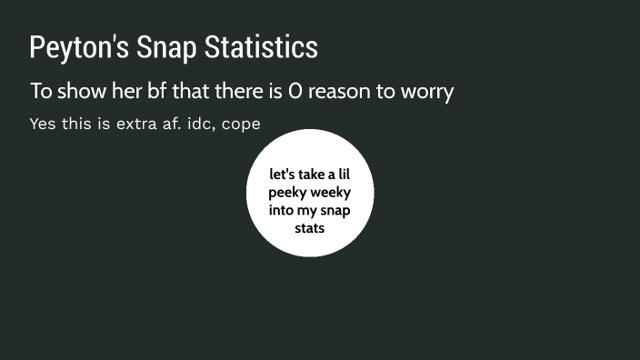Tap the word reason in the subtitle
[x=341, y=92]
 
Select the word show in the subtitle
[x=77, y=92]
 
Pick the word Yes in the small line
[x=42, y=124]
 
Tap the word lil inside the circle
[x=341, y=175]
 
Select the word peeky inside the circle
[x=287, y=192]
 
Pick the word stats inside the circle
[x=310, y=227]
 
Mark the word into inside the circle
[x=282, y=210]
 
